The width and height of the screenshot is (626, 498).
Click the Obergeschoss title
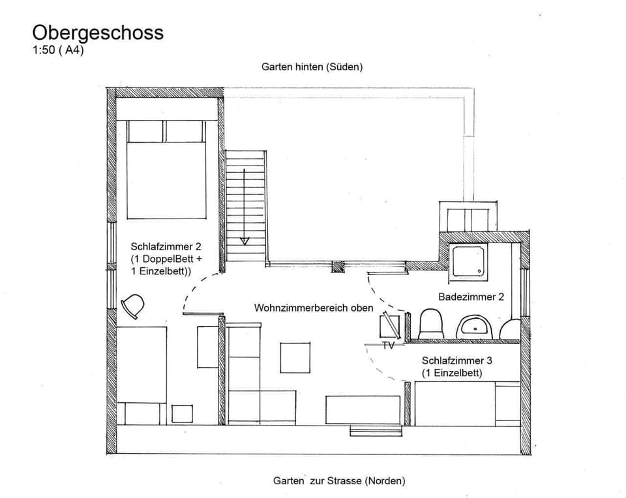[98, 33]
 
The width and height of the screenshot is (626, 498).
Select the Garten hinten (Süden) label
[312, 66]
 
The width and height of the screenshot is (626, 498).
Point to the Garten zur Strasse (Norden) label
[339, 481]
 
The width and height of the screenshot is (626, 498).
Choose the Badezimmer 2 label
[471, 297]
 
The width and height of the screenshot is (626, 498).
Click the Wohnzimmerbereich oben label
[314, 308]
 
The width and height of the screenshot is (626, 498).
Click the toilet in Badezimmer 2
[430, 324]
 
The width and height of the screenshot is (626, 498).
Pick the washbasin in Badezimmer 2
[474, 327]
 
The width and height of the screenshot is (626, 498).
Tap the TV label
[388, 345]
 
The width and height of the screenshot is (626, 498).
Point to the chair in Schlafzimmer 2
[133, 306]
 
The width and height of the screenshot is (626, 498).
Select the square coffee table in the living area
[295, 357]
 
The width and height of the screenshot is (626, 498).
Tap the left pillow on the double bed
[145, 131]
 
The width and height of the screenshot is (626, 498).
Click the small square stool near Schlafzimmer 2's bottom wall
[182, 414]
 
